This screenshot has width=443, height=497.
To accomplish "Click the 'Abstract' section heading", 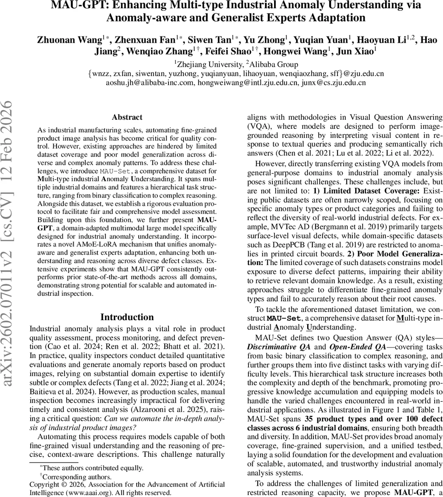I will [x=127, y=117].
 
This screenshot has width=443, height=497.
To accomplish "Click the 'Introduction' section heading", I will [x=127, y=317].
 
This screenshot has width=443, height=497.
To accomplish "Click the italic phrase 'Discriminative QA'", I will [x=279, y=346].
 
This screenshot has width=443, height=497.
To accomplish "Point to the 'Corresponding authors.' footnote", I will [x=77, y=477].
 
